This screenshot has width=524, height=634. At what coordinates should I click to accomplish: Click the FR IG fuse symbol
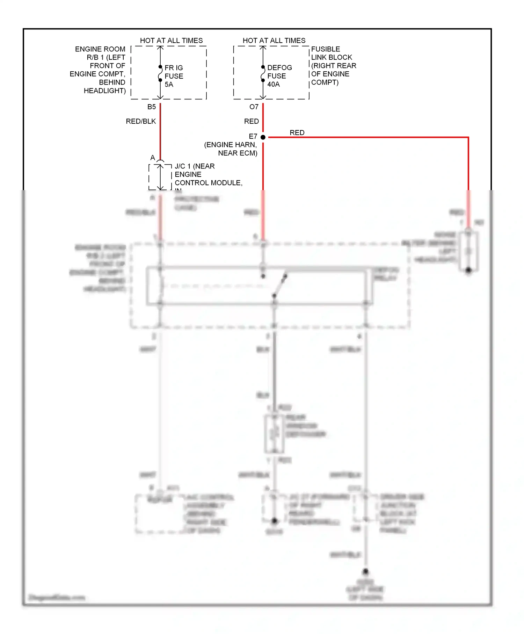(x=160, y=73)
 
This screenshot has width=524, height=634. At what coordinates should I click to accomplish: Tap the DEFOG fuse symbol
(x=263, y=73)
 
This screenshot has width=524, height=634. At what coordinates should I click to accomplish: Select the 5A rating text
(x=169, y=85)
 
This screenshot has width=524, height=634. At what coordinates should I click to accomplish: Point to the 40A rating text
(x=274, y=84)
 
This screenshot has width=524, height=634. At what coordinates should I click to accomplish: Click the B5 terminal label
(x=152, y=107)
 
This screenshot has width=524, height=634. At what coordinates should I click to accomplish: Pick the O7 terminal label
(x=254, y=107)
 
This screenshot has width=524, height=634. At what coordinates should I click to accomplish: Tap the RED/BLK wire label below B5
(x=141, y=121)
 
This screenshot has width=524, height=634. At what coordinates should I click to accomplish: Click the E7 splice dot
(x=263, y=137)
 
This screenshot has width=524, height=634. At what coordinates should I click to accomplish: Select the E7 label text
(x=253, y=136)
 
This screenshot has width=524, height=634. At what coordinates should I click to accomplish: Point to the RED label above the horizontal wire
(x=297, y=133)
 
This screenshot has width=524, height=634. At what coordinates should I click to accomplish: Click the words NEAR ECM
(x=238, y=153)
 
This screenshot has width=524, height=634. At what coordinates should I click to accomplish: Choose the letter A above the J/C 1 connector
(x=153, y=158)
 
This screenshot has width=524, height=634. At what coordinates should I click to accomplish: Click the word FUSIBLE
(x=326, y=49)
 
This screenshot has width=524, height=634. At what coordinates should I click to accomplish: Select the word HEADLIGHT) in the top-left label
(x=104, y=91)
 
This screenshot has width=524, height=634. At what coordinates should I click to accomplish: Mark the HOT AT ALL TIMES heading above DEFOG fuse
(x=274, y=41)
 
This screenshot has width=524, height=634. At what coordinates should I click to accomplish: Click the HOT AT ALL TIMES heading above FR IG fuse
(x=171, y=41)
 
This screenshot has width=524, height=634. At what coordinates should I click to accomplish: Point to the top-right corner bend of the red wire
(x=468, y=138)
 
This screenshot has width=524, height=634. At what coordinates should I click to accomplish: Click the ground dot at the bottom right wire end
(x=365, y=572)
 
